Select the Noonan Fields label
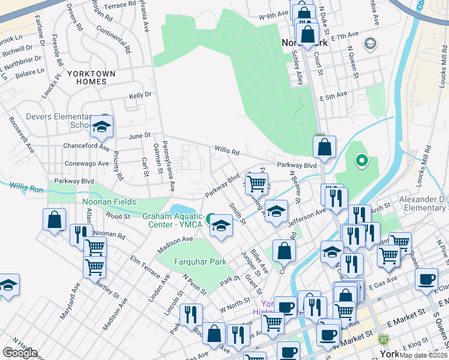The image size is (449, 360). (x=109, y=202)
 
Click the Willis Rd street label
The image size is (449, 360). (x=228, y=151)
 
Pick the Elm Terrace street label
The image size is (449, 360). (x=145, y=267)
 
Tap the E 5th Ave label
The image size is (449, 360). (x=334, y=95)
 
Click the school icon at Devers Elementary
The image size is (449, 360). (x=102, y=127)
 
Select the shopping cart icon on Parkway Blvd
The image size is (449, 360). (x=256, y=182)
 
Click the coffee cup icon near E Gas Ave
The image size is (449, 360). (x=427, y=279)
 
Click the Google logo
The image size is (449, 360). (x=20, y=353)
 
